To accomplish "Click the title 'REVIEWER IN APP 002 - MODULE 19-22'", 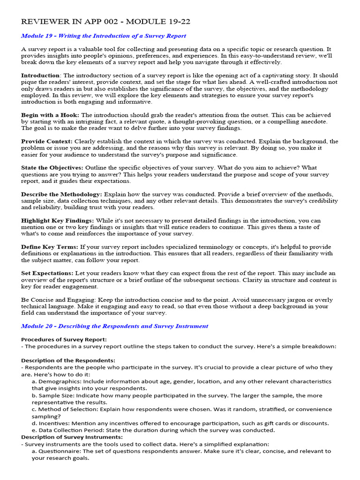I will [105, 22].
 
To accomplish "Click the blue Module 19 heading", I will [104, 36].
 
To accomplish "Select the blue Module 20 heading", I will [115, 326].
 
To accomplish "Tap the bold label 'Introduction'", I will [41, 75].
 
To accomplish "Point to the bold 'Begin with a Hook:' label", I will [50, 115].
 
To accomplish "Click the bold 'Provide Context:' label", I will [47, 141].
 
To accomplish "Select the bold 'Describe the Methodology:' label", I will [61, 194].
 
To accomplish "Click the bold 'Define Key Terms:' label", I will [50, 247].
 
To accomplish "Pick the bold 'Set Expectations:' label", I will [47, 273].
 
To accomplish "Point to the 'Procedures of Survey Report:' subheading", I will [64, 339].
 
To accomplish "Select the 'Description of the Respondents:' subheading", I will [68, 360].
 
